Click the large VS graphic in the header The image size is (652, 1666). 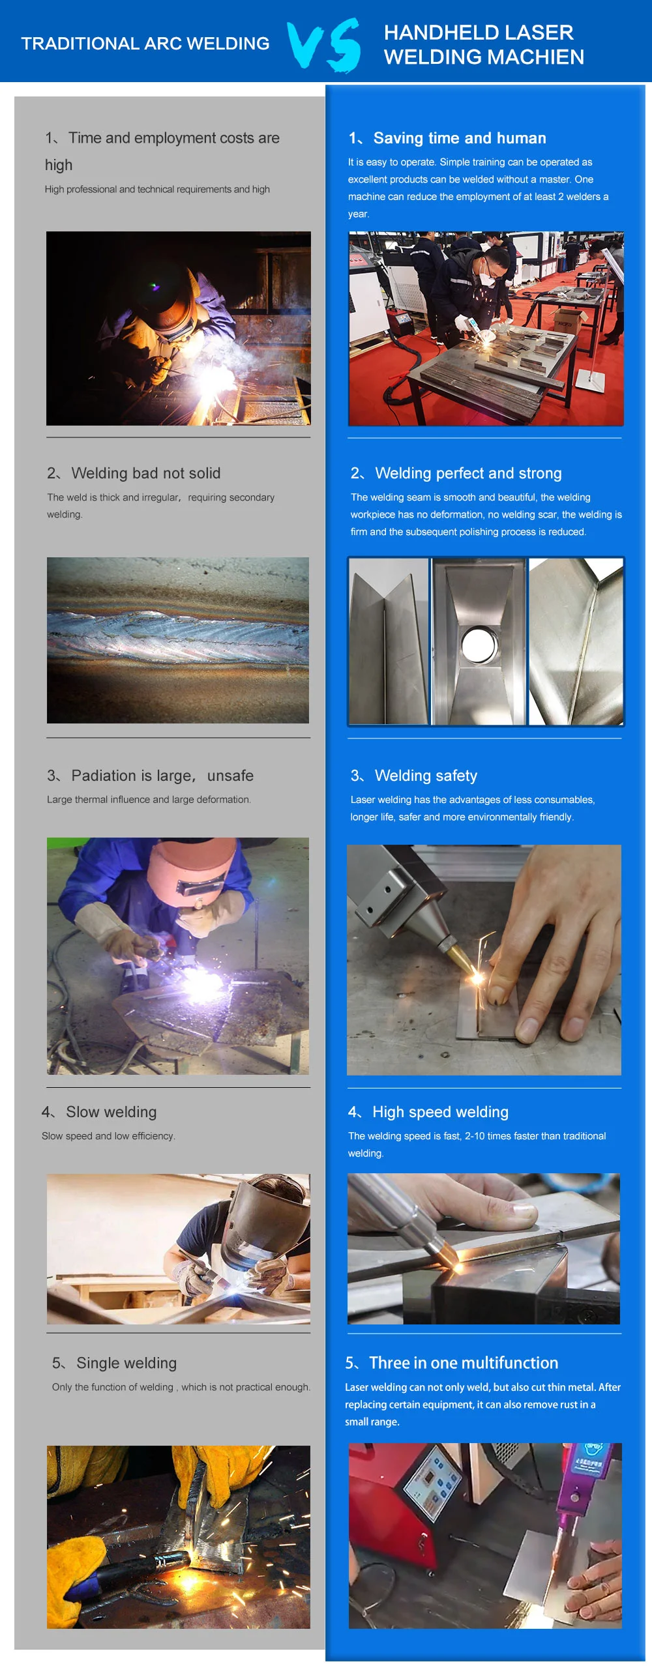[x=324, y=44]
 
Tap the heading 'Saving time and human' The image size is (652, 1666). [x=459, y=138]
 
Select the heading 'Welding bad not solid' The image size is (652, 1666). [x=145, y=473]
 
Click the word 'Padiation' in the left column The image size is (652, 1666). [x=111, y=776]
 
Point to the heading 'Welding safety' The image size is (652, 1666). [x=425, y=776]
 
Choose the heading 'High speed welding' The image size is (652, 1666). [x=439, y=1112]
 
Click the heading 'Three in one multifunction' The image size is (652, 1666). [x=463, y=1363]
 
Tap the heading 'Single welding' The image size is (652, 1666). [x=126, y=1363]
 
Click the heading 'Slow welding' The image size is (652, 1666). [x=111, y=1112]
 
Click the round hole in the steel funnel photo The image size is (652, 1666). [x=479, y=645]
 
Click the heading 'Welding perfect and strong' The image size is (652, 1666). [x=468, y=473]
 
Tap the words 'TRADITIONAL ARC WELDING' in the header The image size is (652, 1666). [x=145, y=44]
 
